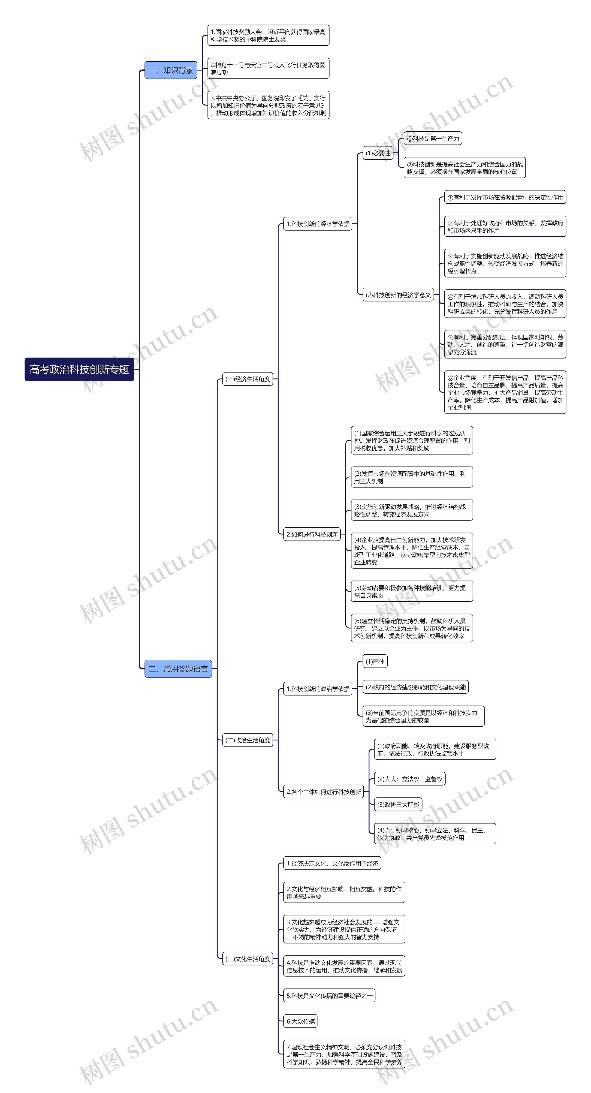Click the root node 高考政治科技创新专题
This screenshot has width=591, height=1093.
click(x=79, y=369)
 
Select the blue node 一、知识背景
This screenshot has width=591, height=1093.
click(x=171, y=70)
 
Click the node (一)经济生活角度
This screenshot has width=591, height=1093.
click(x=248, y=379)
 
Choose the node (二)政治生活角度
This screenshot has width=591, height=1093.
click(x=248, y=740)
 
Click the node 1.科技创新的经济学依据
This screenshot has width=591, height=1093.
click(x=318, y=224)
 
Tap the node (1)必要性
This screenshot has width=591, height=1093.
click(x=378, y=153)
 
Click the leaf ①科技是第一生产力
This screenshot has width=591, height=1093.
click(x=433, y=138)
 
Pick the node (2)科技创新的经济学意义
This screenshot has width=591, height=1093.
click(x=398, y=295)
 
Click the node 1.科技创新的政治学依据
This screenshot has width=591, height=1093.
click(x=318, y=689)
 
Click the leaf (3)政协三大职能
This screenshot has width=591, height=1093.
click(x=398, y=804)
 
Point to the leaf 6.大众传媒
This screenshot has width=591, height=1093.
click(x=300, y=1021)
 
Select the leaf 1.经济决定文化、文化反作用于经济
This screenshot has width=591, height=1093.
click(x=332, y=863)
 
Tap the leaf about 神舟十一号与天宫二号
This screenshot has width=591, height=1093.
click(x=268, y=68)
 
